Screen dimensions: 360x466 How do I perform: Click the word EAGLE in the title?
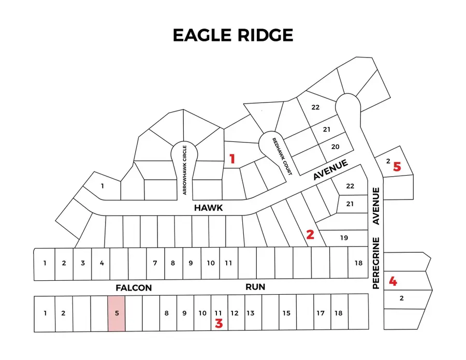[203, 35]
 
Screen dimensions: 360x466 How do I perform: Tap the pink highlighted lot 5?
[116, 313]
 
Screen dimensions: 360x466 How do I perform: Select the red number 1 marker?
[232, 159]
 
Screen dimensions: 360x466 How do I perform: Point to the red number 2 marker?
[310, 235]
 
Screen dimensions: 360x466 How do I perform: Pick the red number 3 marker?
[219, 324]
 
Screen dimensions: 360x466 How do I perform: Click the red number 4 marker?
[394, 282]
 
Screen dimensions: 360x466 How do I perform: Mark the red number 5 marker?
[397, 167]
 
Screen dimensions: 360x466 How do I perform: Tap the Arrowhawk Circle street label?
[184, 170]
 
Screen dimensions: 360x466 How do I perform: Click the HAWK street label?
[208, 208]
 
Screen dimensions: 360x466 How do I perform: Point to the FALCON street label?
[134, 287]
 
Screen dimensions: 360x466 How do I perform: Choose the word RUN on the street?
[255, 286]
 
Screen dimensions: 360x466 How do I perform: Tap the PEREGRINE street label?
[376, 263]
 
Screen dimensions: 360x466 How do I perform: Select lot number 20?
[335, 147]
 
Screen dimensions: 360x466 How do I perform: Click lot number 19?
[344, 238]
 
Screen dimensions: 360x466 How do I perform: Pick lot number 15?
[286, 313]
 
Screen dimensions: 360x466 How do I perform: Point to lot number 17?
[321, 313]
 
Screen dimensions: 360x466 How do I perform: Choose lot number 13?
[250, 313]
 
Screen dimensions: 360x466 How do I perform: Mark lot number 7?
[155, 263]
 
